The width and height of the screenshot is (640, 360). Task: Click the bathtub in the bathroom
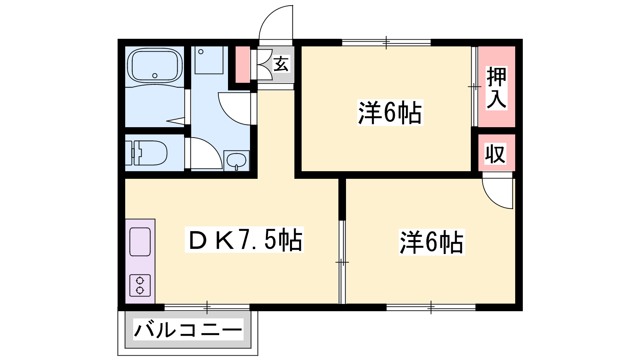[x=154, y=66]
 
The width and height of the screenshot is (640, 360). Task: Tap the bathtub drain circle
[x=155, y=76]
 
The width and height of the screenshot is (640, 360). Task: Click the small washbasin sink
[x=236, y=161]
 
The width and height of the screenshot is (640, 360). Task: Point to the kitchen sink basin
[x=140, y=242]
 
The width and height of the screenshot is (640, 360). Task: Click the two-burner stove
[x=140, y=286]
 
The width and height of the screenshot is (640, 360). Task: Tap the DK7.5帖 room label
[x=244, y=240]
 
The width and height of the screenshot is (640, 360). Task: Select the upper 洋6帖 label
[x=390, y=112]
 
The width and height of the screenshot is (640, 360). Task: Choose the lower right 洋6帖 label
[x=432, y=242]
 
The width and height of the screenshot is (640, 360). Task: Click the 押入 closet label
[x=496, y=88]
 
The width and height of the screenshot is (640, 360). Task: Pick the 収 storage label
[x=496, y=154]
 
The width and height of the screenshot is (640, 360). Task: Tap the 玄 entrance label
[x=281, y=64]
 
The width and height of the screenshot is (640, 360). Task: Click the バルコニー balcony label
[x=188, y=330]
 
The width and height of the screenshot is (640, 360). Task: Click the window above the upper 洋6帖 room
[x=386, y=42]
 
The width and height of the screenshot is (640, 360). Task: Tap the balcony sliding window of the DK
[x=207, y=307]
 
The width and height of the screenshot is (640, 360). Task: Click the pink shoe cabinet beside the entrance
[x=242, y=64]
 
